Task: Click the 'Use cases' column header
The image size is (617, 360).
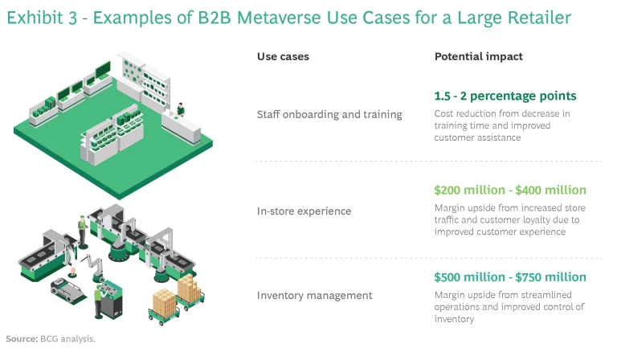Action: (283, 57)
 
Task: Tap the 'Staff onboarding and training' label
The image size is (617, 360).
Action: (329, 114)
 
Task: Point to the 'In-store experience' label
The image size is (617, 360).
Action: (304, 211)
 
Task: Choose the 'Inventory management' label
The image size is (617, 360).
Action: (314, 295)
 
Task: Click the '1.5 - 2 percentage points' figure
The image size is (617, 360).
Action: (505, 96)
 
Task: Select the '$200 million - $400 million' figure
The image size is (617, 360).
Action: (510, 190)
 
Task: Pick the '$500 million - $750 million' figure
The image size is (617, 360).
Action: (510, 277)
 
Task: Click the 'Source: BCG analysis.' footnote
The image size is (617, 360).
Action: (51, 338)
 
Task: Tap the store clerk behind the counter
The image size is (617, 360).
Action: (182, 108)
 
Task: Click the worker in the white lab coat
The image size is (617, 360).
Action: (82, 226)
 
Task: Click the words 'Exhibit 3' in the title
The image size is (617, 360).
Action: (39, 18)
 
